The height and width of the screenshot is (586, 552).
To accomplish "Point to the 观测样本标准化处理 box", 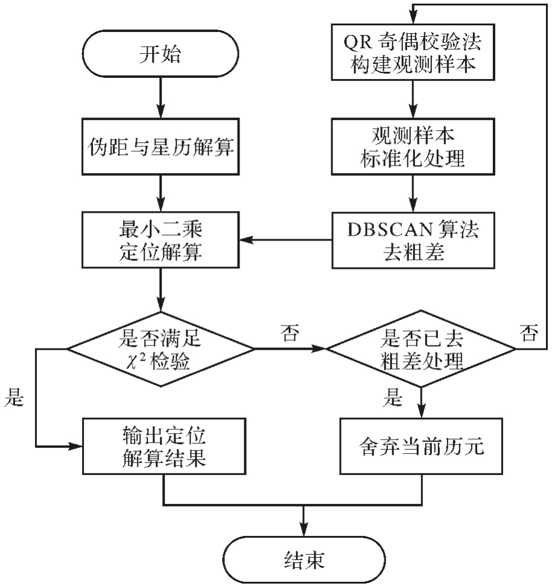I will pyautogui.click(x=412, y=146).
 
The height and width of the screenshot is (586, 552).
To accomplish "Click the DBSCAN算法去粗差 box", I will pyautogui.click(x=412, y=241).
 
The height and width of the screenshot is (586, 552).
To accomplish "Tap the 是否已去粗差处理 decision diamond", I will pyautogui.click(x=420, y=348).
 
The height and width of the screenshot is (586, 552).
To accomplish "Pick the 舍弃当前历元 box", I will pyautogui.click(x=420, y=446).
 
